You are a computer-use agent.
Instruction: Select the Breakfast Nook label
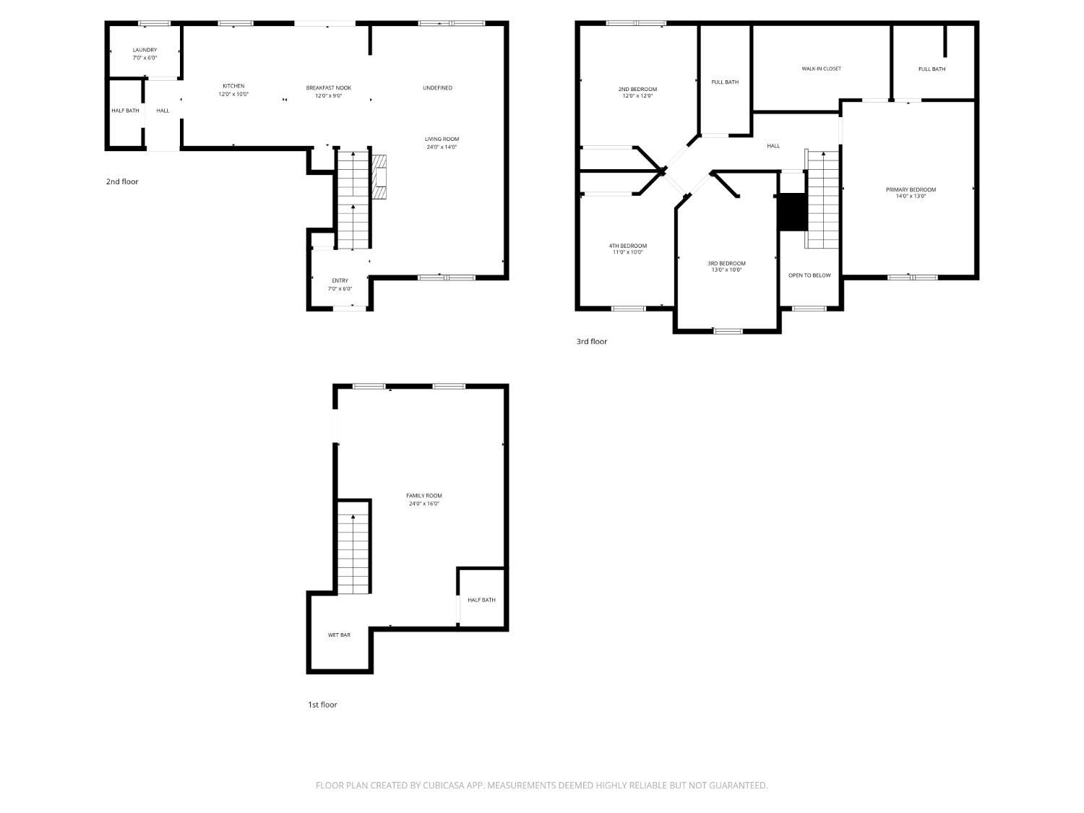tap(328, 88)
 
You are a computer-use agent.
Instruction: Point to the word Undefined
tap(437, 88)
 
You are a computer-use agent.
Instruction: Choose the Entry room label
tap(340, 281)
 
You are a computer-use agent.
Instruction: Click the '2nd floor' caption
tap(122, 182)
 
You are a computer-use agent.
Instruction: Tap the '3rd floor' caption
tap(591, 342)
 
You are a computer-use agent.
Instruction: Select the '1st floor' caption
tap(322, 705)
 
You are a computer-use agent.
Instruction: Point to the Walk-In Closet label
tap(821, 69)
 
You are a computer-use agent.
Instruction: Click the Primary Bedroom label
tap(911, 190)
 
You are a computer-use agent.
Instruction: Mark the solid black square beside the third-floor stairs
tap(792, 212)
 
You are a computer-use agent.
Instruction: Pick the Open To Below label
tap(809, 275)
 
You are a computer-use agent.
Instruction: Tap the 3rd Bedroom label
tap(726, 264)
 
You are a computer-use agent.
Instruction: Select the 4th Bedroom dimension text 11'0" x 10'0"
tap(627, 253)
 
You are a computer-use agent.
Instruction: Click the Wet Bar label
tap(339, 635)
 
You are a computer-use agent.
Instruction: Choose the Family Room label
tap(423, 496)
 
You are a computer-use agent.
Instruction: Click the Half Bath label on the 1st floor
tap(481, 600)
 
